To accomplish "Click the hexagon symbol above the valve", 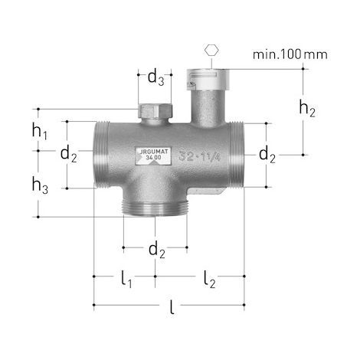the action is point(211,50).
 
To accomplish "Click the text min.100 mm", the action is point(290,54).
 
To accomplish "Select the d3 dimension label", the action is point(155,77).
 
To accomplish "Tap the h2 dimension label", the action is point(307,109).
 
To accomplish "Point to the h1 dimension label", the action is point(40,132).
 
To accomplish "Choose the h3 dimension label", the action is point(40,185).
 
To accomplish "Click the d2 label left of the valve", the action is point(68,155).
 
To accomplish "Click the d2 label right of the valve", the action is point(267,155).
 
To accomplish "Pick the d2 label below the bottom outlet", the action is point(157,250).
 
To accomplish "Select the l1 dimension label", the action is point(126,280).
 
